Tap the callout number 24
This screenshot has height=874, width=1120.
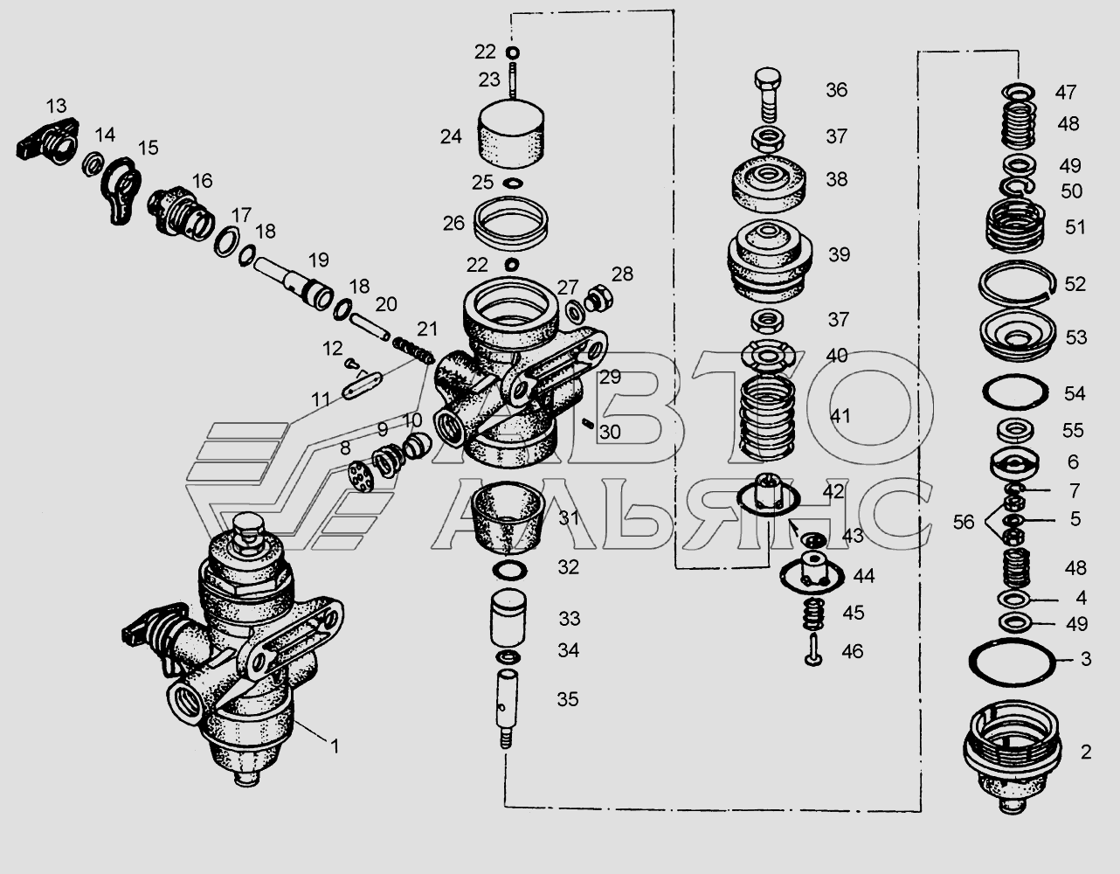click(451, 136)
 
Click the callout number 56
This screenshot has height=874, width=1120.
click(964, 522)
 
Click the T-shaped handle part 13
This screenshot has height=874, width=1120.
click(47, 140)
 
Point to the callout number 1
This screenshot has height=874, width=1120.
click(335, 746)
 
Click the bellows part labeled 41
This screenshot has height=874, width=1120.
click(766, 418)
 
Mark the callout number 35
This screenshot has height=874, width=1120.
click(568, 699)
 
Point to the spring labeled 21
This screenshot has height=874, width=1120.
click(414, 349)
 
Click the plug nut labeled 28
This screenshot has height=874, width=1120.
click(599, 297)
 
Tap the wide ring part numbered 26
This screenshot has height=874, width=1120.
click(511, 223)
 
